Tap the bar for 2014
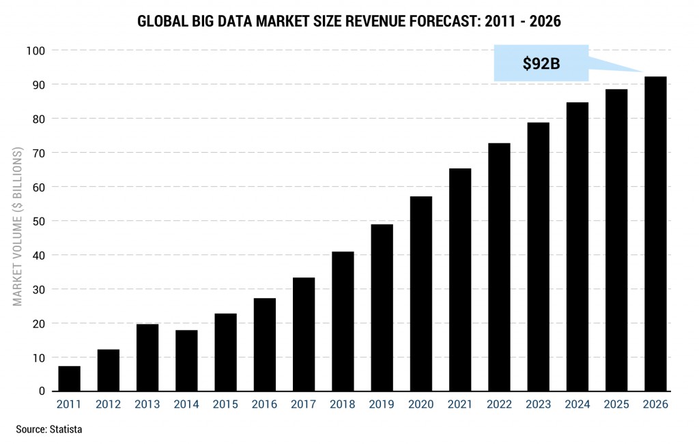tap(186, 361)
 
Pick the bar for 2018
tap(343, 321)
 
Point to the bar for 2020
tap(420, 294)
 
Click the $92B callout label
tap(541, 63)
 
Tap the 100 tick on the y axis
tap(35, 50)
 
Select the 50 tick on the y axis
tap(38, 221)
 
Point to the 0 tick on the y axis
tap(42, 391)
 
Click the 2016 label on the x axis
tap(264, 404)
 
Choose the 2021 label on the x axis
tap(459, 404)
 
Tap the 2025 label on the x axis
tap(616, 404)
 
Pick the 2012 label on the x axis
tap(108, 404)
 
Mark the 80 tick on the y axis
tap(38, 119)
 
